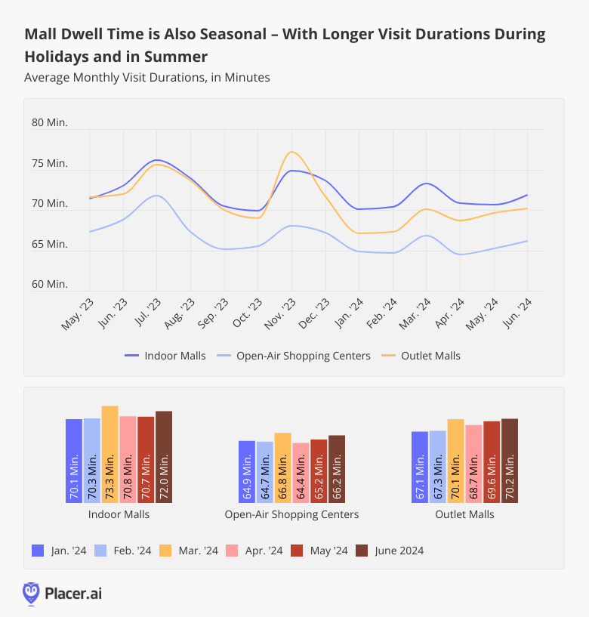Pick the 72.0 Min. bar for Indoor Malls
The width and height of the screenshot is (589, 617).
pyautogui.click(x=164, y=457)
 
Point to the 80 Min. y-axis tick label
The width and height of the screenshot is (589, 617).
pyautogui.click(x=50, y=123)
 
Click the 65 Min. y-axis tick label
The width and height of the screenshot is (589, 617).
pyautogui.click(x=50, y=244)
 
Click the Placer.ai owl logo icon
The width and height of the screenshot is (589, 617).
pyautogui.click(x=31, y=593)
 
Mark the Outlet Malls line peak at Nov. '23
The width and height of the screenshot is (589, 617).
pyautogui.click(x=292, y=152)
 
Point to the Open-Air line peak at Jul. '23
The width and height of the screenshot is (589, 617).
pyautogui.click(x=156, y=196)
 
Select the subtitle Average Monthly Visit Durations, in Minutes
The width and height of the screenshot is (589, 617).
pyautogui.click(x=146, y=77)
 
